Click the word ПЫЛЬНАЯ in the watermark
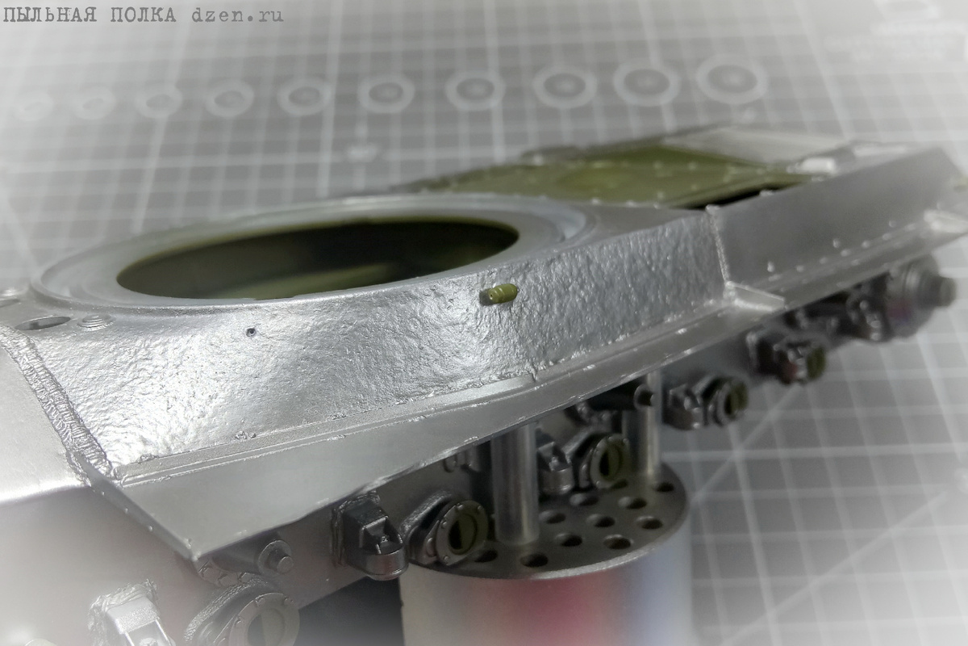click(x=50, y=15)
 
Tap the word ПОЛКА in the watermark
click(x=144, y=15)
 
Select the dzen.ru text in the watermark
click(x=237, y=15)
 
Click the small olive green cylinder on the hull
click(x=501, y=294)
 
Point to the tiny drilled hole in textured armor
click(x=251, y=332)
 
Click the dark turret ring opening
click(x=318, y=258)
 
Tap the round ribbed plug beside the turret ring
click(x=95, y=321)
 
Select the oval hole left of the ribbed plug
click(x=45, y=322)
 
